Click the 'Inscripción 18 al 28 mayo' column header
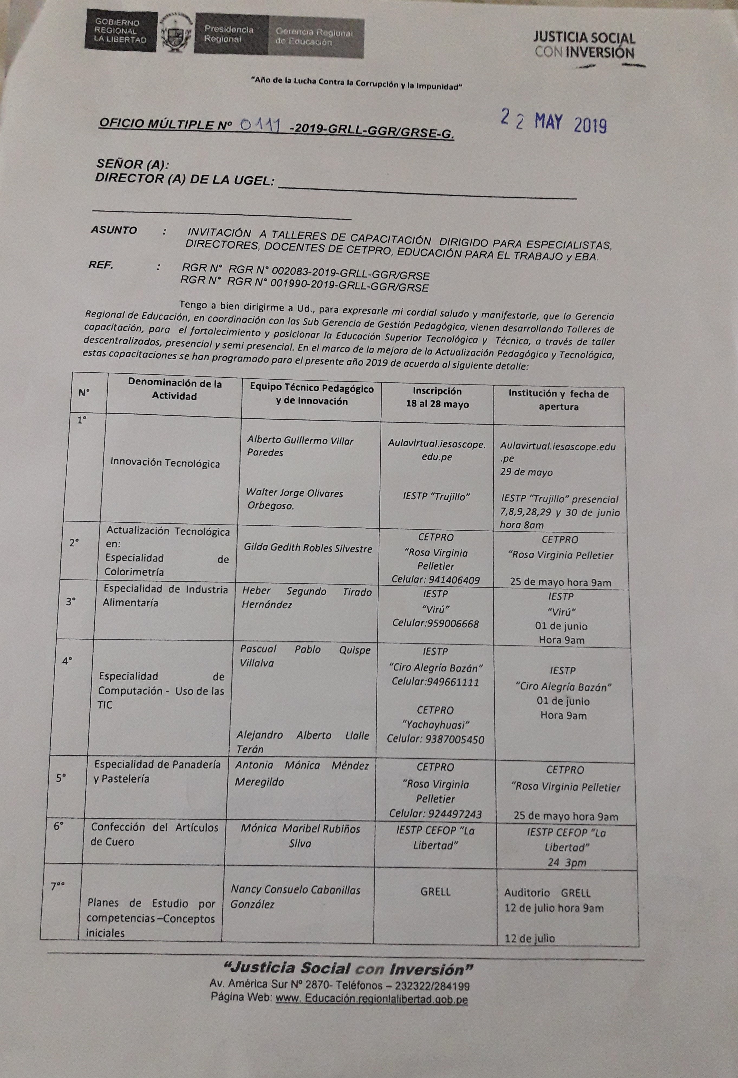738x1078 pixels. [x=437, y=398]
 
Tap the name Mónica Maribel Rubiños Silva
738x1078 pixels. [x=300, y=835]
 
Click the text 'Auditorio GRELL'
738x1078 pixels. [x=547, y=893]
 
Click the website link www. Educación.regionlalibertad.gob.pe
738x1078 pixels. [x=371, y=999]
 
